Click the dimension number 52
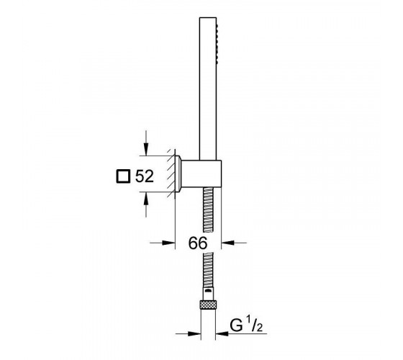pos(145,176)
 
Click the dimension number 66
pos(198,243)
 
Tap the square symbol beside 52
pos(123,176)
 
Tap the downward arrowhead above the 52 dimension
pos(146,150)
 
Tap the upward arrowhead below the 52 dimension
pos(146,198)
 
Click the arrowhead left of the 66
pos(168,243)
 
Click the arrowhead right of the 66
pos(227,242)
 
